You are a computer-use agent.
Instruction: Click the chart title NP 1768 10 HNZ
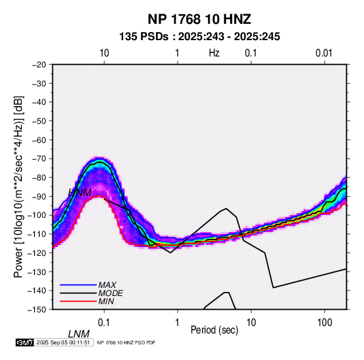point(199,19)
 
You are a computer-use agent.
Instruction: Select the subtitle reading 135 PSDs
point(144,37)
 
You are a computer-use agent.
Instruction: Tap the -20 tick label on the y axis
point(39,65)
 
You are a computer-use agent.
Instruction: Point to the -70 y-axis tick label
point(39,159)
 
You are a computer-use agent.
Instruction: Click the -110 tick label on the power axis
point(37,234)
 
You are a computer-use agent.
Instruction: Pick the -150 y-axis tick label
point(37,310)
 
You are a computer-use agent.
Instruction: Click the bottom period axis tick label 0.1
point(104,323)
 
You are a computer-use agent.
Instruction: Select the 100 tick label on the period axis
point(325,323)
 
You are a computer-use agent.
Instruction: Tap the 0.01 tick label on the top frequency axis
point(324,53)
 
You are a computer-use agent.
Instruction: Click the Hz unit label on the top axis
point(214,53)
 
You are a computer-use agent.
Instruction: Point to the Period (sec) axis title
point(214,330)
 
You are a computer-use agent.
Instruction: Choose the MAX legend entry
point(107,284)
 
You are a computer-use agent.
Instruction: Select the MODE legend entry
point(110,293)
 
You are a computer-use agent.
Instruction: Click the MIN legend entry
point(106,301)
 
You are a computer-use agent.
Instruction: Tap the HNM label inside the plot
point(80,193)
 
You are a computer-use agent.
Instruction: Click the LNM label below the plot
point(79,334)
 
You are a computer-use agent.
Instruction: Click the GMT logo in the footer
point(25,342)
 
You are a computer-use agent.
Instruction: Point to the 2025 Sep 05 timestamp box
point(63,342)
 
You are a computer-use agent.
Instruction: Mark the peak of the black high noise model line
point(226,208)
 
